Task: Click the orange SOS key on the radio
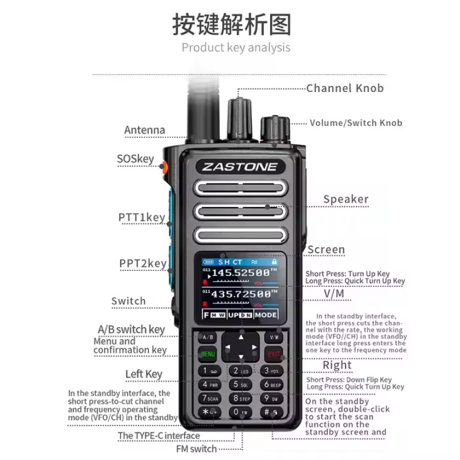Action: (164, 167)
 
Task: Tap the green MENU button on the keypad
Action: (208, 354)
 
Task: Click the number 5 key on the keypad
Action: (241, 384)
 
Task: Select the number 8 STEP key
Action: (241, 398)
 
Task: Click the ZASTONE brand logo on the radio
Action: (239, 167)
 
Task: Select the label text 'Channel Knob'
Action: (344, 88)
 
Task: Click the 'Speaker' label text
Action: (346, 200)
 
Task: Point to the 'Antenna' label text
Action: (144, 130)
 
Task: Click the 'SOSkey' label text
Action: (135, 159)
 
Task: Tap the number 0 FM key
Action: (241, 412)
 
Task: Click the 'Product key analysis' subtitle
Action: (236, 48)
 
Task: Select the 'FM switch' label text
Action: (195, 449)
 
